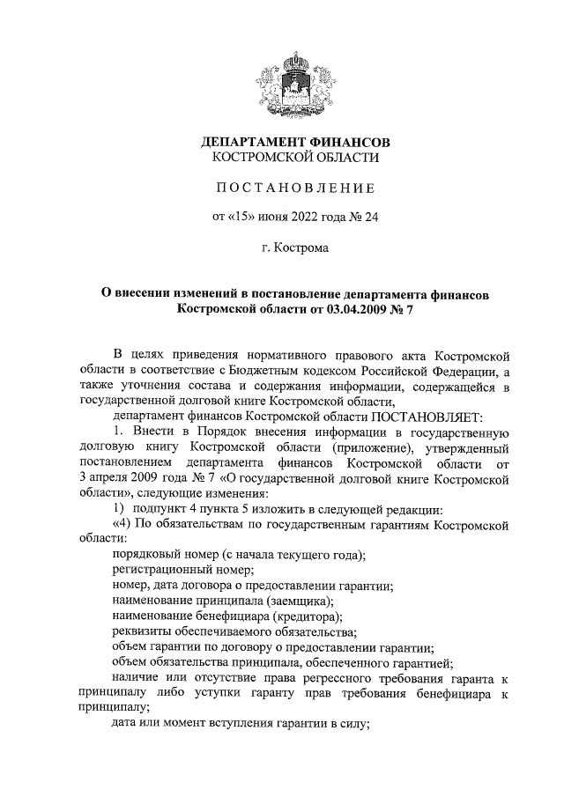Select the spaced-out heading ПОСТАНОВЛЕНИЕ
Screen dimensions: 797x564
point(295,187)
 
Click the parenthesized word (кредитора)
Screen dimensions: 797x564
point(308,616)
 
